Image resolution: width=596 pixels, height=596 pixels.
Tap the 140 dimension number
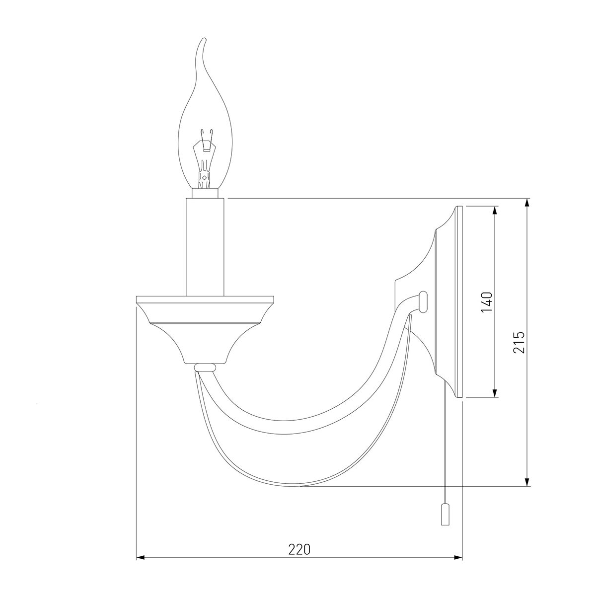point(487,301)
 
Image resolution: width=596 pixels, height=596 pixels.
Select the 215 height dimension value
point(519,342)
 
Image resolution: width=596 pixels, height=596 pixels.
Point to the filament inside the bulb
point(204,158)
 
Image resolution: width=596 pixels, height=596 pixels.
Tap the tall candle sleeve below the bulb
point(205,247)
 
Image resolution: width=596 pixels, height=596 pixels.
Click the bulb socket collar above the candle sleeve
point(205,193)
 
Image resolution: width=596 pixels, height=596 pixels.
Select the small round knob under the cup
point(205,368)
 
